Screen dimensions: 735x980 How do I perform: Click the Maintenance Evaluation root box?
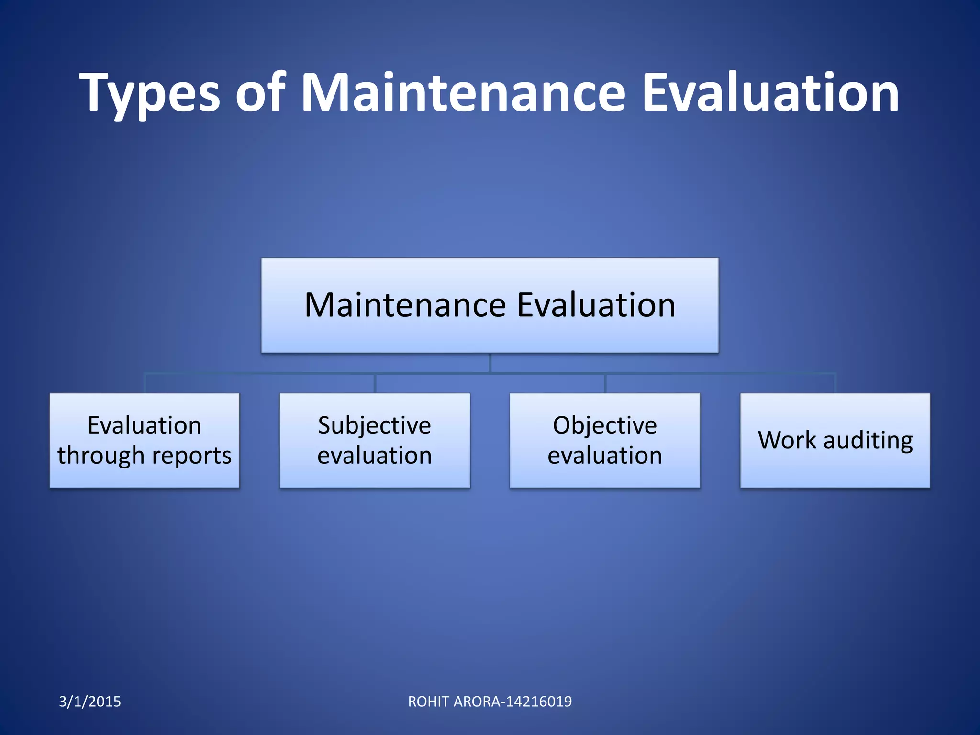coord(490,305)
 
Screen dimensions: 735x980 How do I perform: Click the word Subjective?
coord(375,425)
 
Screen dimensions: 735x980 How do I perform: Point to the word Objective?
coord(605,425)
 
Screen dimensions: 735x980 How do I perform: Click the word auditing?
coord(868,440)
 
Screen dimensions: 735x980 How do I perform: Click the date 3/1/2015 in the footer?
coord(90,702)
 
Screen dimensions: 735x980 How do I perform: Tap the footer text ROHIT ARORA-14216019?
coord(490,702)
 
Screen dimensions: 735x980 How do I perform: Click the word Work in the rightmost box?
coord(787,440)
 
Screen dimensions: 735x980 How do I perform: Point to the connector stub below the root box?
coord(490,363)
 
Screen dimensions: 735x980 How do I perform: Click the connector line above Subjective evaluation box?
coord(375,383)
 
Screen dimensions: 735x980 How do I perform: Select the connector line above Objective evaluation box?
coord(605,383)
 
